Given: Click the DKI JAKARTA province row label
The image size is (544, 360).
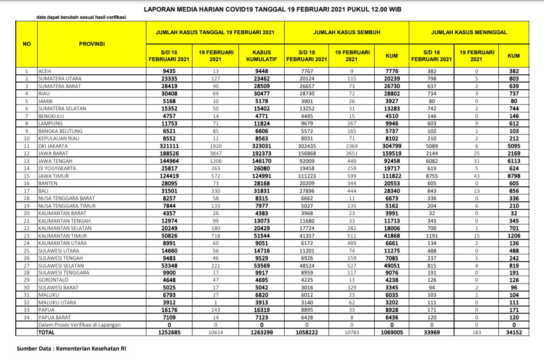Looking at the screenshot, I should point(53,146).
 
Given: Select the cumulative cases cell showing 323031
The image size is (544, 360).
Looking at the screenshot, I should point(259,146).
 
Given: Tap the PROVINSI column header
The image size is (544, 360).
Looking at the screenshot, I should point(92,44).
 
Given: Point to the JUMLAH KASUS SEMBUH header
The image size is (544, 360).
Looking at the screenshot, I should point(346,32).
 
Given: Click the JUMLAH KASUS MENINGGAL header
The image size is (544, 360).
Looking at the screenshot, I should point(469,32).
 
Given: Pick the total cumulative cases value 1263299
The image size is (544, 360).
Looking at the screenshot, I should point(259,332).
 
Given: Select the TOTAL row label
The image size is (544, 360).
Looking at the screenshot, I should point(47,332).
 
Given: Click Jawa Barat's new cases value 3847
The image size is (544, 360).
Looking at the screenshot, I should point(216,153).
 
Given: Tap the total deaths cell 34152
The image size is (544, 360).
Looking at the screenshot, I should point(514,332).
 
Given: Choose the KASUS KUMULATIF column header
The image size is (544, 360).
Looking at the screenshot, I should point(259,55).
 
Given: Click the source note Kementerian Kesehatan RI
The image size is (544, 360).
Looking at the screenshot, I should point(71,348).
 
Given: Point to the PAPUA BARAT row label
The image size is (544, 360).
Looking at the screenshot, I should point(55,317).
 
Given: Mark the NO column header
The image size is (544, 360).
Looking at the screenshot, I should point(26,44).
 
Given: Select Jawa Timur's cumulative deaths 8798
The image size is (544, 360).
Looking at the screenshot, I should point(514,176).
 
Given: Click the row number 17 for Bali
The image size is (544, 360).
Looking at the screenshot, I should point(26,191).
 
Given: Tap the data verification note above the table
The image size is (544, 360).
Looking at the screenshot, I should point(81,18).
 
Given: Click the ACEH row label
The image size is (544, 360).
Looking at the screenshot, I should point(45,71).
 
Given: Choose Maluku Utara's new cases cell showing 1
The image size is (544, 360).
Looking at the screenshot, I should point(216,302).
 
